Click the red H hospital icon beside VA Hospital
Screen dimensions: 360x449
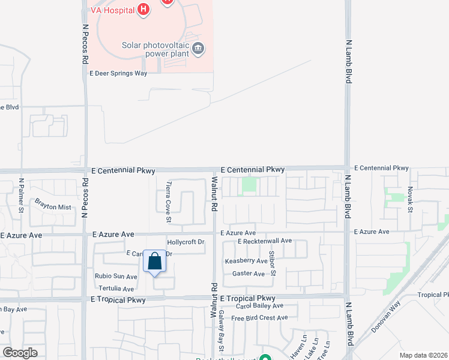click(143, 9)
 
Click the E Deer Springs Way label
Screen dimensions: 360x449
click(118, 73)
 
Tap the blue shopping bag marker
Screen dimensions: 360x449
click(154, 262)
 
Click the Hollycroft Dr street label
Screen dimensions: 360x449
click(186, 242)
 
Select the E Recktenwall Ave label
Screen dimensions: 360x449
click(264, 241)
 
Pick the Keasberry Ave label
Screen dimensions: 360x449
click(246, 261)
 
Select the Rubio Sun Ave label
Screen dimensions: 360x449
click(116, 277)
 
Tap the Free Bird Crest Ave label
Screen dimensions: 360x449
click(260, 318)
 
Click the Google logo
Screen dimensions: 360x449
click(20, 353)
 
